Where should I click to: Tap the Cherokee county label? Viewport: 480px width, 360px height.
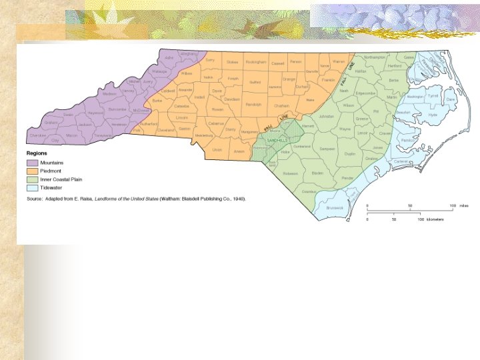(38, 135)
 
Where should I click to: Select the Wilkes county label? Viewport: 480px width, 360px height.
(187, 73)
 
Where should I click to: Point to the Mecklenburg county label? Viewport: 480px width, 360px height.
(203, 135)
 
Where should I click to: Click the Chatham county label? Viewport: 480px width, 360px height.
(281, 105)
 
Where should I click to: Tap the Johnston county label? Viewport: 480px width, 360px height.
(326, 116)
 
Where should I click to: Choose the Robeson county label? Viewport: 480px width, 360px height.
(290, 173)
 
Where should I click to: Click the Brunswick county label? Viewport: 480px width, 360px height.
(335, 207)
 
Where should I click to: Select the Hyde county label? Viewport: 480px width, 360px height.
(433, 115)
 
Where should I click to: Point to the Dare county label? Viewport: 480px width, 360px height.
(451, 99)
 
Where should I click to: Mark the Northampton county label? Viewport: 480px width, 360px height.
(375, 58)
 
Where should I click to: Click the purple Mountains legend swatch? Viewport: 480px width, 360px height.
(32, 163)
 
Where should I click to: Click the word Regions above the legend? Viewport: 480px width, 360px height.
(36, 154)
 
